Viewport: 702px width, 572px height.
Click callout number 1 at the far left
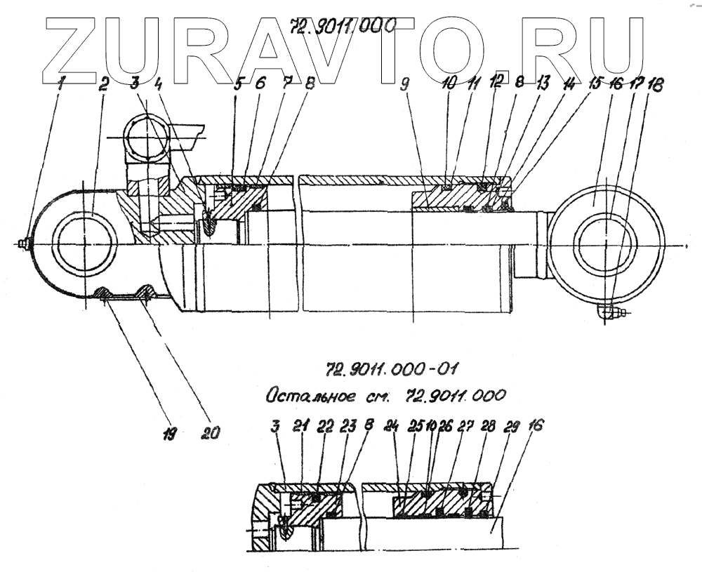point(62,86)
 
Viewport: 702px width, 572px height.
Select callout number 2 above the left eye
point(103,86)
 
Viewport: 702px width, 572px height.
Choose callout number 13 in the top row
point(541,84)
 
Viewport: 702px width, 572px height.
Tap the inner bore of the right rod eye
point(604,245)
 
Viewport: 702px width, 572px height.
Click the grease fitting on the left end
point(25,243)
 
